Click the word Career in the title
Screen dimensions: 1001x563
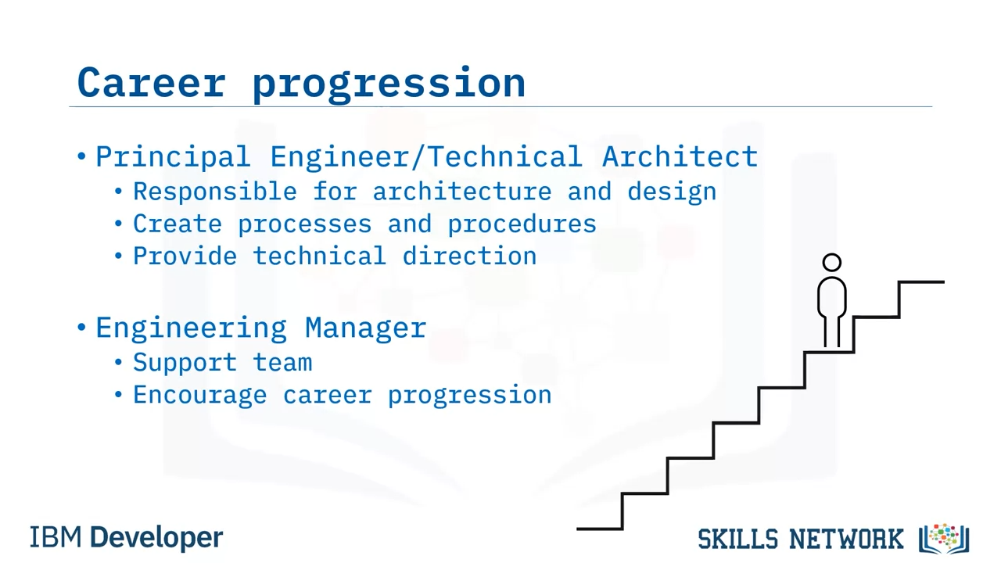click(152, 83)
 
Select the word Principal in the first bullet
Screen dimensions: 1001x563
click(173, 157)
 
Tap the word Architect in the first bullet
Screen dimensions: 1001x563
click(680, 156)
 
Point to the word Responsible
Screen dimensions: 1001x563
click(215, 192)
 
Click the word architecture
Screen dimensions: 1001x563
click(462, 192)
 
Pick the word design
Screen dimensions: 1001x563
click(672, 192)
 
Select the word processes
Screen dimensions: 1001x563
click(305, 224)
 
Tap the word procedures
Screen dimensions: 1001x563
click(522, 224)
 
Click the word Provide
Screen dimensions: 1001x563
click(185, 256)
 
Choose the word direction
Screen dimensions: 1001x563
click(470, 256)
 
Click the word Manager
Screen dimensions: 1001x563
click(365, 328)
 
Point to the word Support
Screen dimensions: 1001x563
click(185, 363)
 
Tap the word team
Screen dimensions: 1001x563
click(282, 363)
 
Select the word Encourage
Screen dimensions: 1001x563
click(199, 396)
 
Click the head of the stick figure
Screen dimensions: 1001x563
click(831, 262)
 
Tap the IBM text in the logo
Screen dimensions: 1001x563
click(56, 537)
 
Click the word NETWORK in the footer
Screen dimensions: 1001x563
click(846, 539)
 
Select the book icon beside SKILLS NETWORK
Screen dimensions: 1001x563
click(944, 539)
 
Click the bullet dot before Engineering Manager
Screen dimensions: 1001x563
click(81, 327)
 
